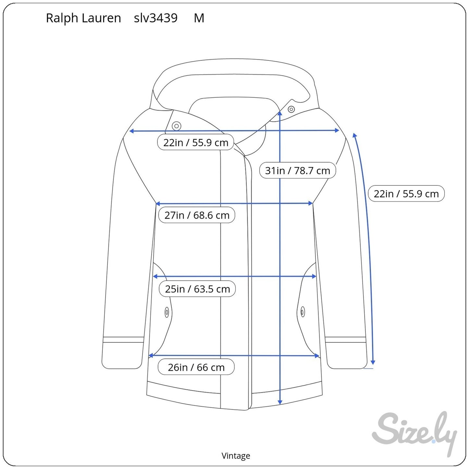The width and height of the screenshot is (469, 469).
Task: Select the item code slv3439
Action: click(156, 18)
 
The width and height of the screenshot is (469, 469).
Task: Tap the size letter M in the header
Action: click(199, 18)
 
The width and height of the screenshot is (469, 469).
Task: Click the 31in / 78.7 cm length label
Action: click(297, 170)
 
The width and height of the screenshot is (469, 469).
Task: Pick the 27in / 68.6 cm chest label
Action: click(197, 215)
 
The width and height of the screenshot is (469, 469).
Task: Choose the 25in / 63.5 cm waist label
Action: click(197, 289)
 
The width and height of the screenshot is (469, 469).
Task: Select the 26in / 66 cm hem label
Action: click(196, 367)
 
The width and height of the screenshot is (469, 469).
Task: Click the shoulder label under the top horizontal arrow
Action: click(196, 142)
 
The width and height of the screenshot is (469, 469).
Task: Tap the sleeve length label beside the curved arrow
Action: click(406, 194)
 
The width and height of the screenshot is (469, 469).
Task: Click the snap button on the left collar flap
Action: click(177, 126)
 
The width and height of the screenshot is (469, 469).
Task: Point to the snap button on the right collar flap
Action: click(291, 109)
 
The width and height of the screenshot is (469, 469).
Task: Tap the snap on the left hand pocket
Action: click(167, 312)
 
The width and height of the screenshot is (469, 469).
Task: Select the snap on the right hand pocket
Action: click(303, 312)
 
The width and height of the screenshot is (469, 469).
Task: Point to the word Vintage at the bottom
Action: click(236, 456)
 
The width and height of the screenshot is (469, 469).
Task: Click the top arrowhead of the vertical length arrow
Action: click(280, 113)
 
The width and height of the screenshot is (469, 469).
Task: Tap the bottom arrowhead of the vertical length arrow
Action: click(280, 402)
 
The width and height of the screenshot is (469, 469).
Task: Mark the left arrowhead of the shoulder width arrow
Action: click(131, 131)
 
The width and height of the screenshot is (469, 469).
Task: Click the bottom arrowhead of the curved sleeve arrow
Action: click(373, 363)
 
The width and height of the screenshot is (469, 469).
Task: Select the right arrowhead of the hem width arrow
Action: click(317, 356)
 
